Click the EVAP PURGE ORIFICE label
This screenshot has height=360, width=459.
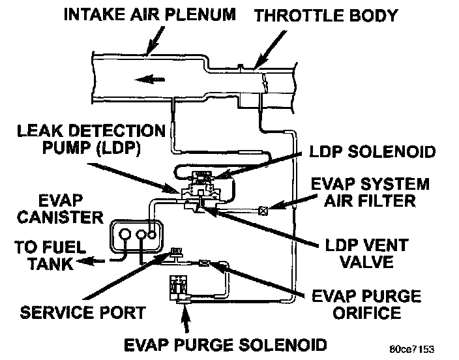click(x=377, y=305)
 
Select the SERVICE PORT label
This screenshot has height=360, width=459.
click(x=82, y=313)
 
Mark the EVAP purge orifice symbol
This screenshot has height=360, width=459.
click(x=204, y=263)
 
